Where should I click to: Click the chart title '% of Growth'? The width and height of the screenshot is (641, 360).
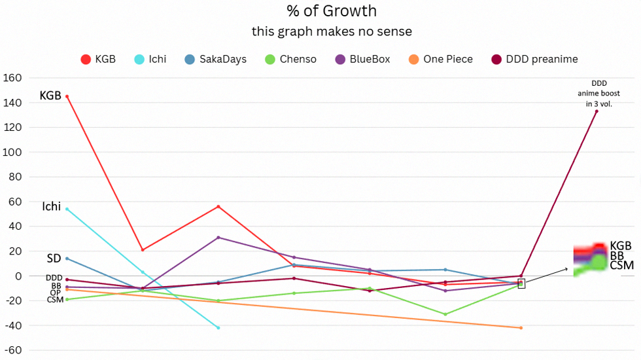click(332, 11)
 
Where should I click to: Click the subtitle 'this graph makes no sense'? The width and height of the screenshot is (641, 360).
click(332, 31)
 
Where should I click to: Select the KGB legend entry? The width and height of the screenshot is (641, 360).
click(97, 59)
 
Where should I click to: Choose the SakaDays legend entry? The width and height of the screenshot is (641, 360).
click(215, 59)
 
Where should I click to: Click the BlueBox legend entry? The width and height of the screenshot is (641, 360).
click(362, 59)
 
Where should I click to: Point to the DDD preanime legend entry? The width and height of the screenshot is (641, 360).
click(533, 59)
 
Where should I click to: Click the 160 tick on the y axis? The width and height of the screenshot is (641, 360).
click(12, 78)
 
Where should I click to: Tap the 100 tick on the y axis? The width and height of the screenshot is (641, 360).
click(12, 152)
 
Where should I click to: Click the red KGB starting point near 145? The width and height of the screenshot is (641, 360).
click(67, 96)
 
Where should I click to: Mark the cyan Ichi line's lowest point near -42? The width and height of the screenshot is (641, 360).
click(218, 327)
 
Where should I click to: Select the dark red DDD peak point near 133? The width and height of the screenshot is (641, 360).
click(597, 111)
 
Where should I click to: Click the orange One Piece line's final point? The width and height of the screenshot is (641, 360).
click(521, 327)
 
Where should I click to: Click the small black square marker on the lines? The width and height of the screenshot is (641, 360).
click(521, 283)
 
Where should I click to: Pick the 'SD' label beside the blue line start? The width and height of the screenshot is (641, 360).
click(53, 259)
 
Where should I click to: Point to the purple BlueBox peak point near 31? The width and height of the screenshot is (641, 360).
click(218, 238)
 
